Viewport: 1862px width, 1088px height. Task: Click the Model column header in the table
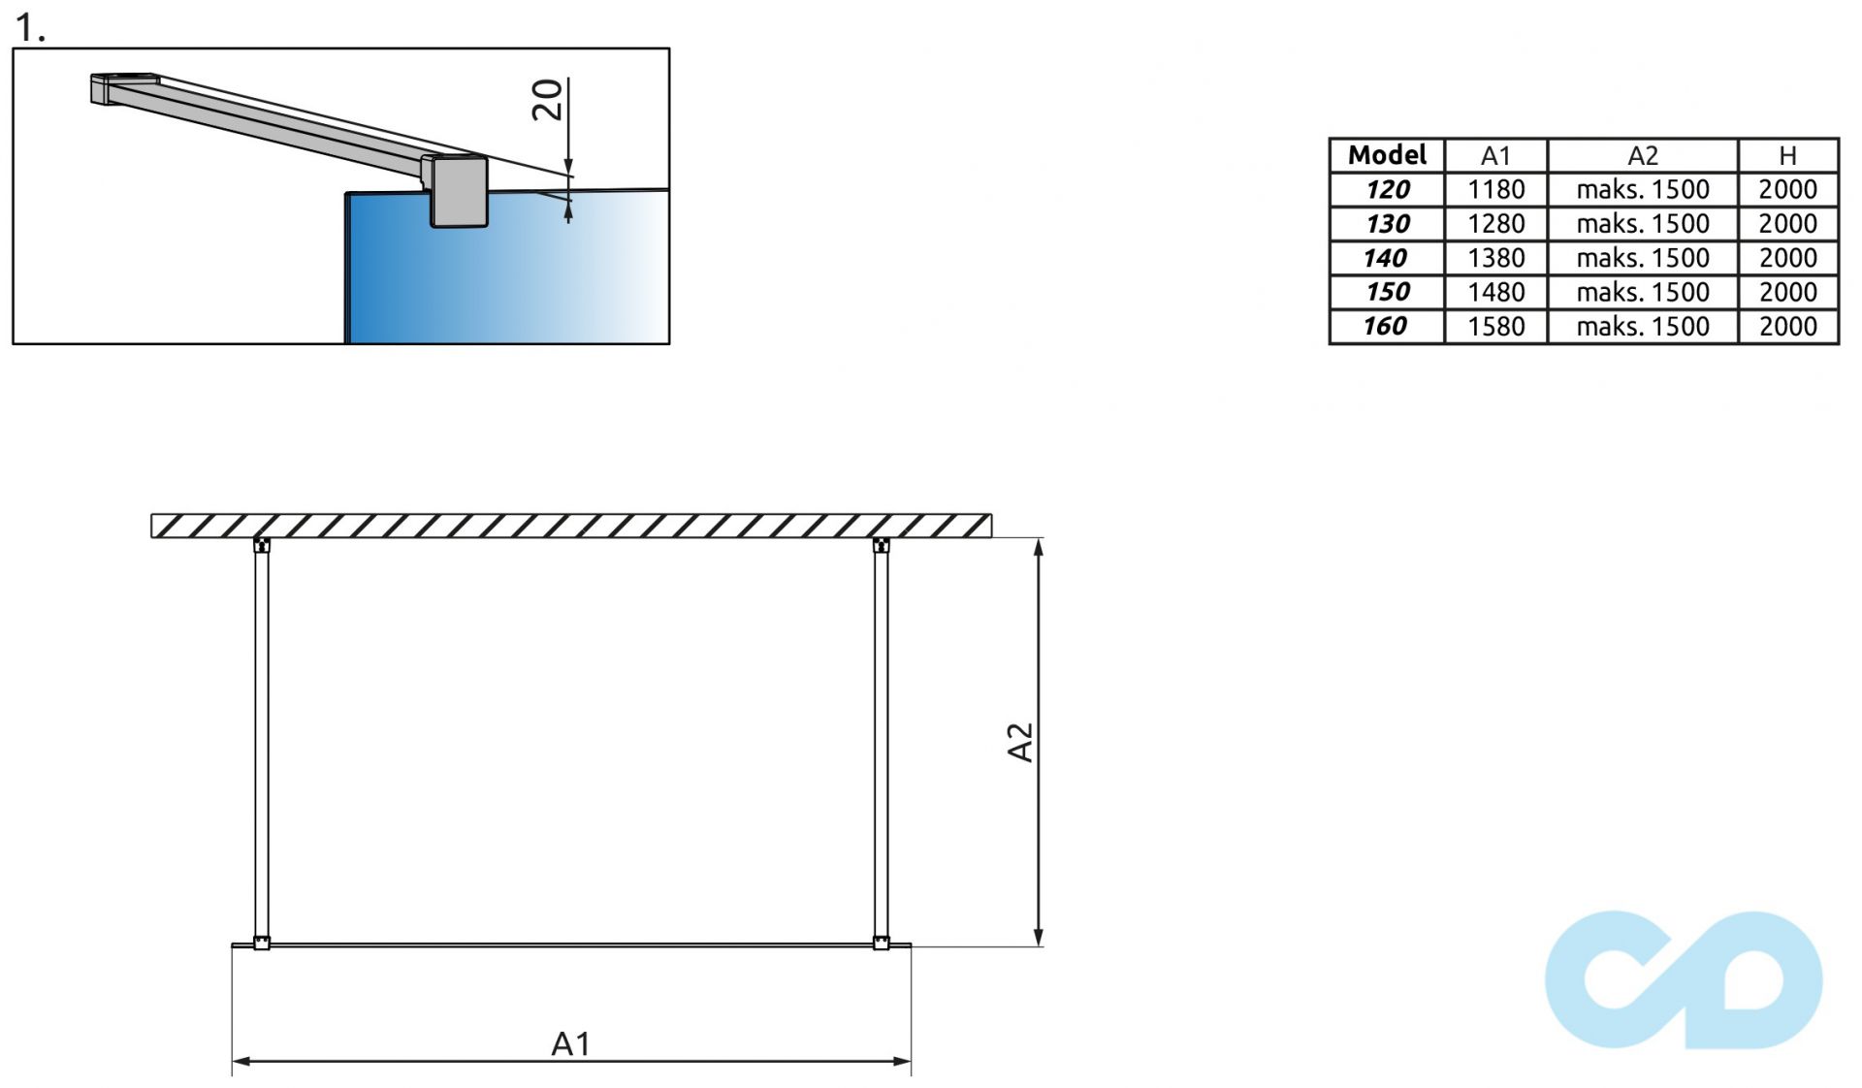tap(1387, 155)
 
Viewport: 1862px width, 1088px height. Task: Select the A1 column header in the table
tap(1495, 156)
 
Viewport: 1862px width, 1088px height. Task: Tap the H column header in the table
tap(1787, 156)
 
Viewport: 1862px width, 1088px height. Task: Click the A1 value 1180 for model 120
tap(1495, 189)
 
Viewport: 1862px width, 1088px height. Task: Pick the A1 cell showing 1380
tap(1495, 258)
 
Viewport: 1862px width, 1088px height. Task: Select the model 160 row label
tap(1385, 326)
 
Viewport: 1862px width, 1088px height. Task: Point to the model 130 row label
tap(1387, 224)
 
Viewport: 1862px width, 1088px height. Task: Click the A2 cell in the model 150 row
tap(1642, 292)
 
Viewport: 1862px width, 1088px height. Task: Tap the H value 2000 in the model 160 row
tap(1787, 326)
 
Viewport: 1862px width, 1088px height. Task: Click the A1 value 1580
tap(1495, 326)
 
